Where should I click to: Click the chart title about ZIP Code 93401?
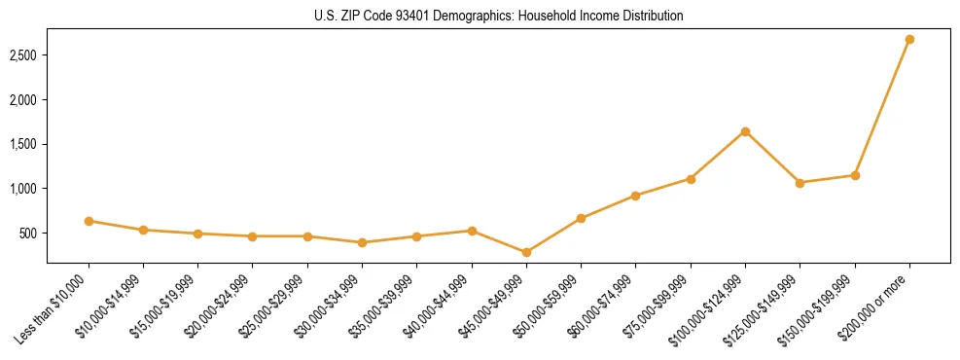click(499, 17)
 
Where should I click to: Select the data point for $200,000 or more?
click(909, 40)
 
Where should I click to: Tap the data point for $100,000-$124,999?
click(745, 131)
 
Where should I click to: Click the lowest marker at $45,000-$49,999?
click(526, 252)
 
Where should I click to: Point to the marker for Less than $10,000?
click(89, 221)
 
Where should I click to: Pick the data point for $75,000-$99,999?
click(691, 179)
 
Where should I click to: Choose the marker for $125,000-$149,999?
click(800, 183)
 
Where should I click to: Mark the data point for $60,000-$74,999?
click(635, 196)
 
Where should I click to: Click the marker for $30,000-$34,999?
click(362, 242)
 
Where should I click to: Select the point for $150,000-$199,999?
click(855, 175)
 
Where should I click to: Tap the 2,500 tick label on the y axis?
click(24, 55)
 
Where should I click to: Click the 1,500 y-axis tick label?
click(24, 144)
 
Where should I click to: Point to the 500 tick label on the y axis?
click(29, 234)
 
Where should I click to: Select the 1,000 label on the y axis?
click(24, 189)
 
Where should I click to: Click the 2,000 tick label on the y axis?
click(24, 100)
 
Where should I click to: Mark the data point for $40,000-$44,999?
click(472, 231)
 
